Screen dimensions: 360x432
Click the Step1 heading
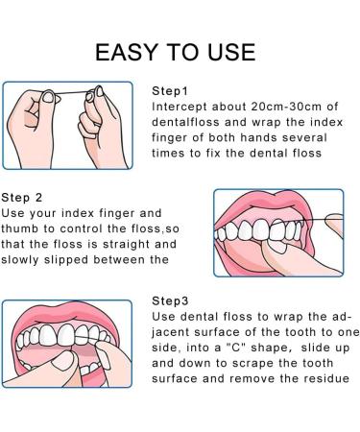tap(170, 91)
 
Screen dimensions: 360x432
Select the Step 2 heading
tap(22, 198)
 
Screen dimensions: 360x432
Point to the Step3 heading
tap(170, 301)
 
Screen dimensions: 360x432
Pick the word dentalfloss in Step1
tap(185, 122)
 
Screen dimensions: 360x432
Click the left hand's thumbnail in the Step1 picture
tap(48, 97)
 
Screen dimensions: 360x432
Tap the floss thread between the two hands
tap(71, 93)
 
